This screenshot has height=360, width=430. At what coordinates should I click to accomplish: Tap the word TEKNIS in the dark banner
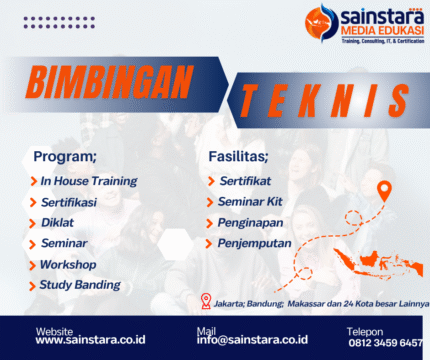tap(319, 99)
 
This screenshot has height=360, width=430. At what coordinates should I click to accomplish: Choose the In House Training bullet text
tap(88, 181)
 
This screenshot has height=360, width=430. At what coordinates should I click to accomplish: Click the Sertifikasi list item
tap(69, 202)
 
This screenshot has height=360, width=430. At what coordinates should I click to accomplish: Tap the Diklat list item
tap(58, 223)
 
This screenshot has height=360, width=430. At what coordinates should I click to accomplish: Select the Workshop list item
tap(68, 264)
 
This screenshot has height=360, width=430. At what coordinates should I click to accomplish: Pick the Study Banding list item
tap(79, 285)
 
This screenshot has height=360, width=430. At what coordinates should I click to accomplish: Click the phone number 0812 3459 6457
tap(384, 341)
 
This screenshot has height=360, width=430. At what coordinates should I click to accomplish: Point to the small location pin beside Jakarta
tap(206, 300)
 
